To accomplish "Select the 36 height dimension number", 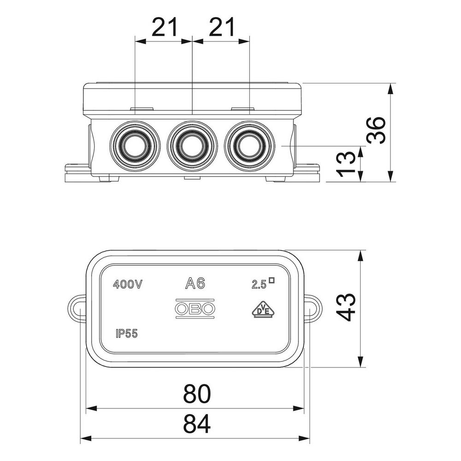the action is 376,130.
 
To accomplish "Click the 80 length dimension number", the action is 197,394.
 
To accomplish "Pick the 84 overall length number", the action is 197,424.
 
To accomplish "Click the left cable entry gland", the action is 135,146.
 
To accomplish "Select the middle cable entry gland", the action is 192,146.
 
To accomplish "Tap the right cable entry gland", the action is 249,146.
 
